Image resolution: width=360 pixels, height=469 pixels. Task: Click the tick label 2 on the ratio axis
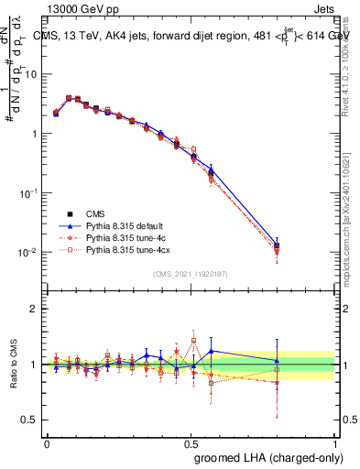34,309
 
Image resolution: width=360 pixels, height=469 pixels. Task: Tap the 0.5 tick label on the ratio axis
30,420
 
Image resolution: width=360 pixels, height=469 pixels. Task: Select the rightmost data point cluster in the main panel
277,247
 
